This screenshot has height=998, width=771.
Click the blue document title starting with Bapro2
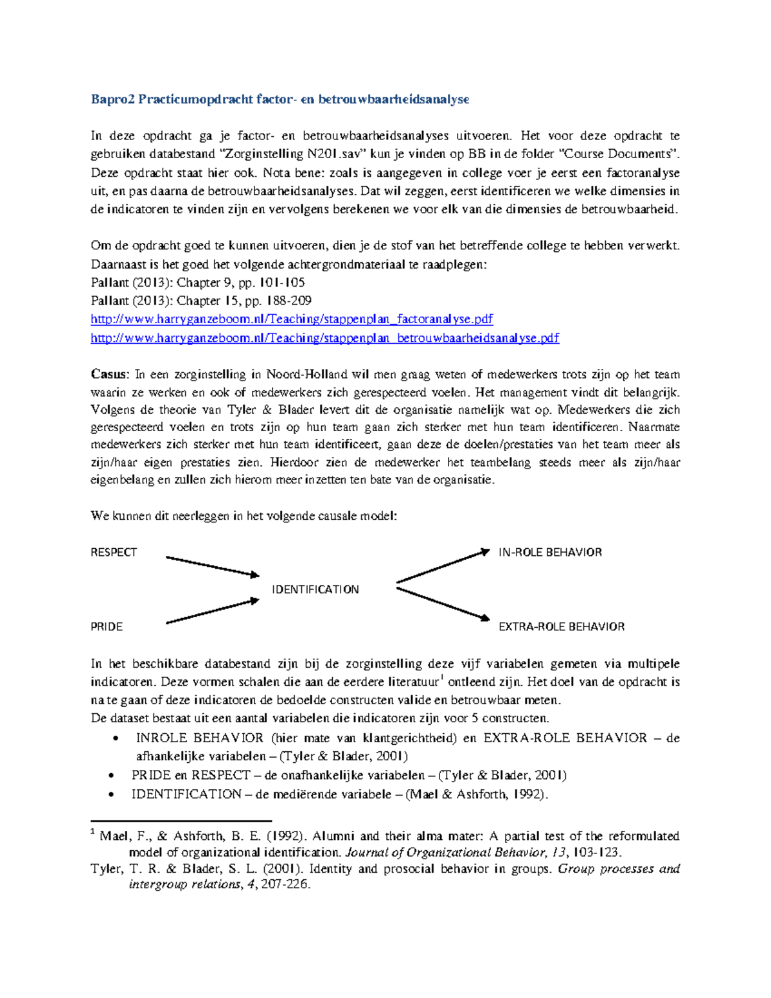(x=279, y=99)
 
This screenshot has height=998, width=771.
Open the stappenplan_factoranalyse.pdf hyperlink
(x=292, y=319)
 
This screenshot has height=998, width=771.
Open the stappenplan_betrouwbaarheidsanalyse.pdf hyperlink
(x=324, y=338)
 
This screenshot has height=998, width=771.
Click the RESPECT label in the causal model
(x=114, y=553)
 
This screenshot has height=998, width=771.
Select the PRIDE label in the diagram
(x=107, y=627)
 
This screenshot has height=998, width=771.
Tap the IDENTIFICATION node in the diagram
(x=315, y=589)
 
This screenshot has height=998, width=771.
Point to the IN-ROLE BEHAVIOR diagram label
(x=550, y=553)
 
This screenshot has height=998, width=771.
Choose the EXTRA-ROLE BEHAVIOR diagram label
(x=561, y=627)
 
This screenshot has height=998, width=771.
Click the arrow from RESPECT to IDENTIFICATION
(x=212, y=566)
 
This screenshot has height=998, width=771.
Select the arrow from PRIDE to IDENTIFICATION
(x=212, y=611)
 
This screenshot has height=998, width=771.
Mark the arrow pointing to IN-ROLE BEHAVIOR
(x=443, y=566)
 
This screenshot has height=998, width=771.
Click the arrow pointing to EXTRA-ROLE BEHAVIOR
(x=443, y=604)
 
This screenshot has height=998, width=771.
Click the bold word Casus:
(x=110, y=375)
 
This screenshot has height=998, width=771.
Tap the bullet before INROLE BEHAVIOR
(x=115, y=739)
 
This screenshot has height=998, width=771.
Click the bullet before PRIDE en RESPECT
(x=112, y=776)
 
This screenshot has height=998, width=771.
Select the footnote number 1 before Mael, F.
(x=93, y=833)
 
